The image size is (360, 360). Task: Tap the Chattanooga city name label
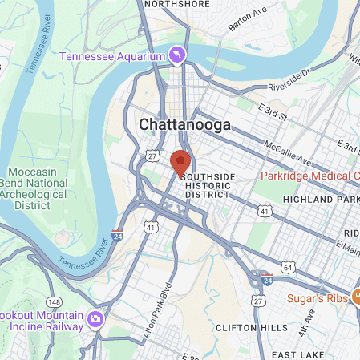pyautogui.click(x=184, y=125)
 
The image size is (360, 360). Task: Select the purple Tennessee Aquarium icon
pyautogui.click(x=176, y=55)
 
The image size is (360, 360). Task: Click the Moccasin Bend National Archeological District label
pyautogui.click(x=38, y=188)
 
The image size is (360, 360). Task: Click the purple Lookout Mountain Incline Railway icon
pyautogui.click(x=95, y=319)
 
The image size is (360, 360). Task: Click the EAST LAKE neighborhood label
pyautogui.click(x=296, y=354)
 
